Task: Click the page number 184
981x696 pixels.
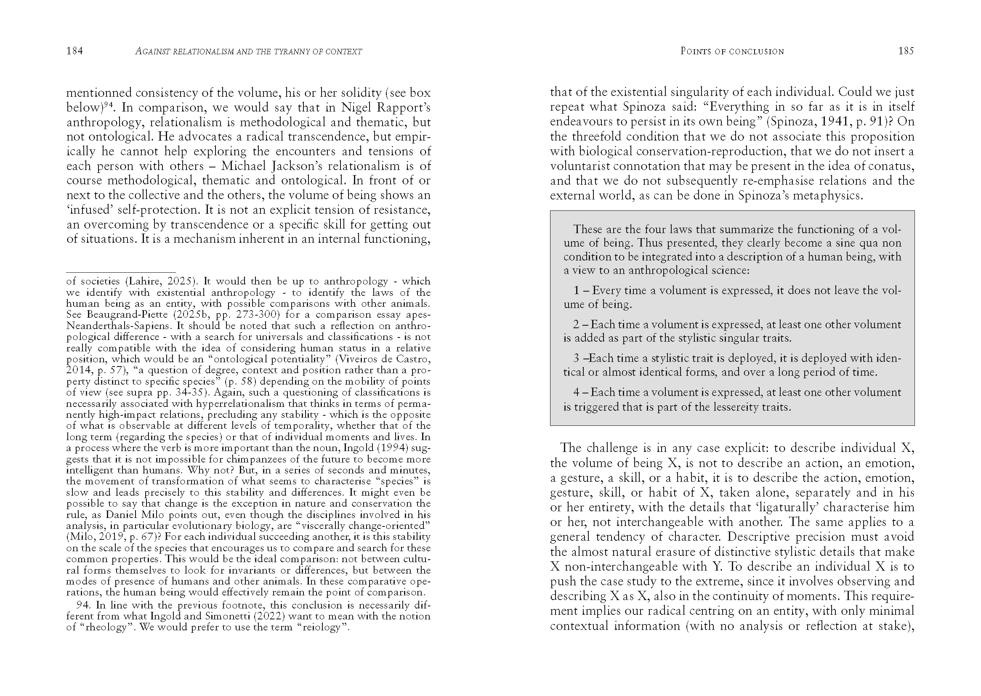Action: tap(74, 51)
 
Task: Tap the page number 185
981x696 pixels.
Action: tap(906, 51)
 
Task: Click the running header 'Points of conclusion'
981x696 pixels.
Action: tap(732, 51)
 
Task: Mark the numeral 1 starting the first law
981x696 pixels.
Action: tap(577, 291)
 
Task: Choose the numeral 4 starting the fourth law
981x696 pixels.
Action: tap(577, 392)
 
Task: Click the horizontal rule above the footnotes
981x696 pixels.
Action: tap(121, 272)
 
